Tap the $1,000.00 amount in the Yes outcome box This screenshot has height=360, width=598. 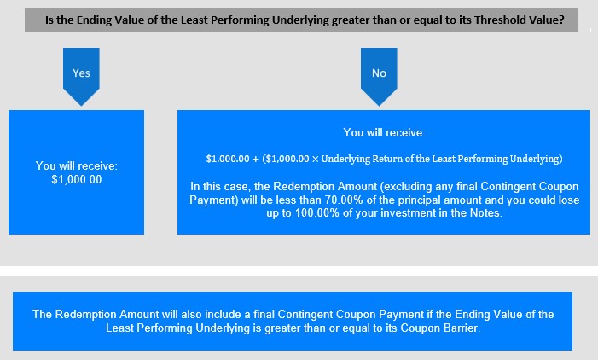click(77, 180)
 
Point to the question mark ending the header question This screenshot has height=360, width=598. click(561, 20)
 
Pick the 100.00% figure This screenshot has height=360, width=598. click(317, 212)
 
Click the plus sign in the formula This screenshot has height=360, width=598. click(256, 159)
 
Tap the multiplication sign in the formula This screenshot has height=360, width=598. click(315, 159)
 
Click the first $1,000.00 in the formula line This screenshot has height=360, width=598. click(228, 159)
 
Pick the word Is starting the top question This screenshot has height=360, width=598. click(49, 20)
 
